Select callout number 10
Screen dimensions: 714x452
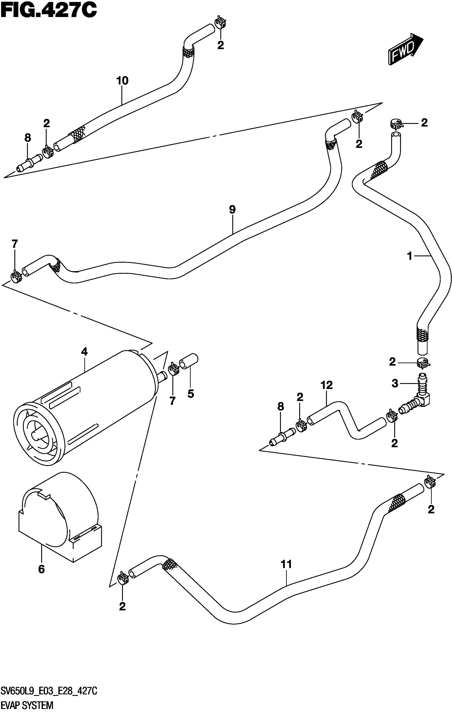[122, 81]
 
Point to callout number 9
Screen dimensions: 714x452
[232, 210]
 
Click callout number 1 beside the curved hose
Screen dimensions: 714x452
[410, 256]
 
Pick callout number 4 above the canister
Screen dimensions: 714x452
[85, 352]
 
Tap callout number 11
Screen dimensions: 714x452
[286, 564]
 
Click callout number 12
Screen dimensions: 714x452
[326, 385]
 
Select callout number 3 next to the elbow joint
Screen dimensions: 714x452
[395, 384]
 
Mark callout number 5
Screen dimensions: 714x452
[191, 394]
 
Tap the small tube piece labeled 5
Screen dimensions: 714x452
[189, 362]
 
